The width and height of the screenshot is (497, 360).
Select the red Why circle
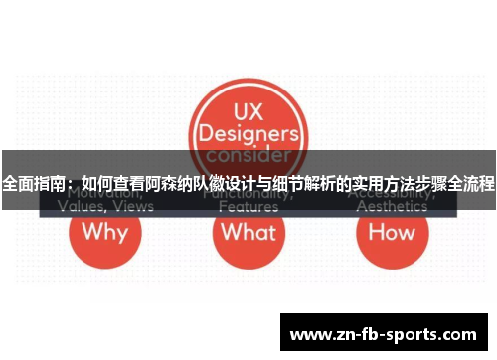pyautogui.click(x=104, y=235)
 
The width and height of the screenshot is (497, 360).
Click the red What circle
pyautogui.click(x=248, y=235)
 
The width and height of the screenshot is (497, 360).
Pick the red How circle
pyautogui.click(x=392, y=235)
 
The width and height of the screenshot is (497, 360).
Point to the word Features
pyautogui.click(x=248, y=208)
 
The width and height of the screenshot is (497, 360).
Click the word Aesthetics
pyautogui.click(x=392, y=208)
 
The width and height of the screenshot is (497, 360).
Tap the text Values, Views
pyautogui.click(x=105, y=208)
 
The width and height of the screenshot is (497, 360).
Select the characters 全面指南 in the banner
pyautogui.click(x=32, y=185)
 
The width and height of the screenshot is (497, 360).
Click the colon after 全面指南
pyautogui.click(x=71, y=185)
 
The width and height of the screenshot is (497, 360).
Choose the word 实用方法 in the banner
pyautogui.click(x=381, y=185)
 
